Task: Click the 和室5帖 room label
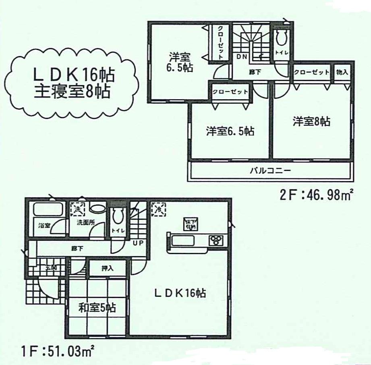97,308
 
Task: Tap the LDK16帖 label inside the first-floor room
180,293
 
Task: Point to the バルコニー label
270,170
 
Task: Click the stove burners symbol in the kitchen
216,241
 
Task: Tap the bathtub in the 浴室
47,210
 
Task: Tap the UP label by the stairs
139,243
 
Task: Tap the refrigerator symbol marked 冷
158,209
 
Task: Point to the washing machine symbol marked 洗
77,209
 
